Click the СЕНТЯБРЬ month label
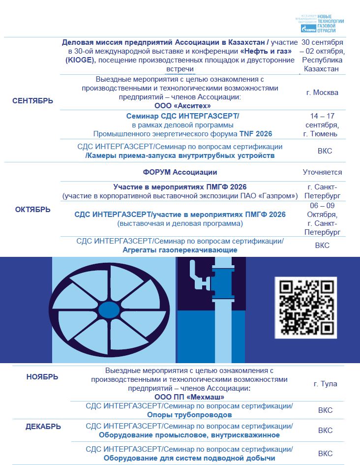(x=32, y=101)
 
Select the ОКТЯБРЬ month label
(x=32, y=209)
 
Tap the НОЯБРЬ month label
(x=42, y=377)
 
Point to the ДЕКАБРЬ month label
(x=43, y=427)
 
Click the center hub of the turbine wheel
(x=108, y=310)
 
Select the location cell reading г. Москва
(x=322, y=92)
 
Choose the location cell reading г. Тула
(x=325, y=383)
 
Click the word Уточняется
(x=322, y=172)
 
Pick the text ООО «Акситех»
(x=182, y=105)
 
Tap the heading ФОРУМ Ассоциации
(x=180, y=172)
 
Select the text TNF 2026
(x=256, y=133)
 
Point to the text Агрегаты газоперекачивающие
(x=180, y=249)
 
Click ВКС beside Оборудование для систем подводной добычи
(x=325, y=453)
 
